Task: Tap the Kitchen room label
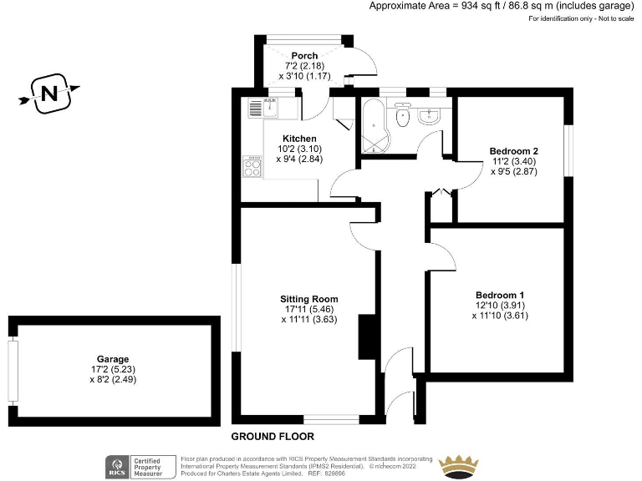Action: (x=299, y=139)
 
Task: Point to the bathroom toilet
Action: (x=402, y=117)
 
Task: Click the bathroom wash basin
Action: (x=432, y=114)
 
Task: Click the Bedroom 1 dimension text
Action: (x=500, y=316)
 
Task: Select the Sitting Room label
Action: (x=309, y=298)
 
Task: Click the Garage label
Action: (x=113, y=359)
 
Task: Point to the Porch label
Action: (x=304, y=56)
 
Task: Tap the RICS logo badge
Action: (x=117, y=465)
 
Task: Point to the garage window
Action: (x=13, y=370)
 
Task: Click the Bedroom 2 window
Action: (x=568, y=150)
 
